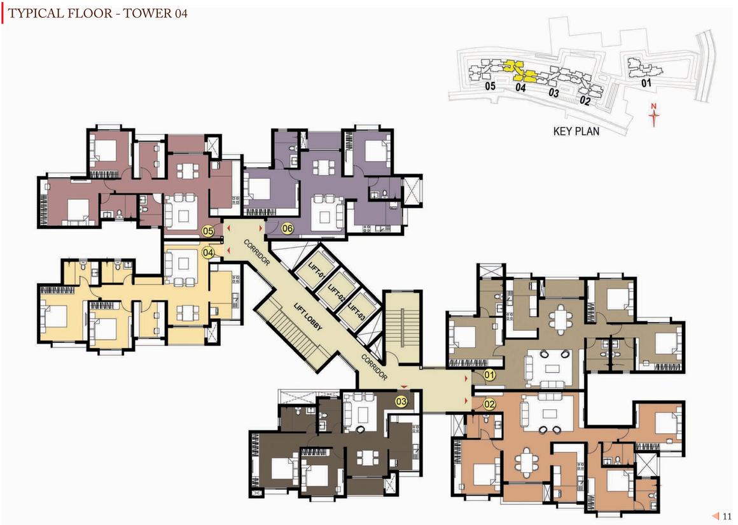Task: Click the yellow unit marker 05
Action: (x=207, y=231)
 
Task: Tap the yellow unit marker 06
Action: (x=287, y=229)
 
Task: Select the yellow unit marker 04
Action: (x=207, y=253)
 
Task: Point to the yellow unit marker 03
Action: (x=401, y=402)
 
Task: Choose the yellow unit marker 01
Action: (x=489, y=375)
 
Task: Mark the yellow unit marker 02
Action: (x=489, y=404)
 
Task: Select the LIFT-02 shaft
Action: (x=337, y=290)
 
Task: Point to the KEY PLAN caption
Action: (x=576, y=131)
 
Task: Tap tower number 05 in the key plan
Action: (x=490, y=86)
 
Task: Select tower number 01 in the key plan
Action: (x=646, y=83)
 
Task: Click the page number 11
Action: (x=727, y=517)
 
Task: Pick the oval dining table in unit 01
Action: (x=560, y=319)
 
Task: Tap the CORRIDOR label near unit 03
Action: (x=375, y=367)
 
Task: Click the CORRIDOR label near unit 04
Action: (x=257, y=253)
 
